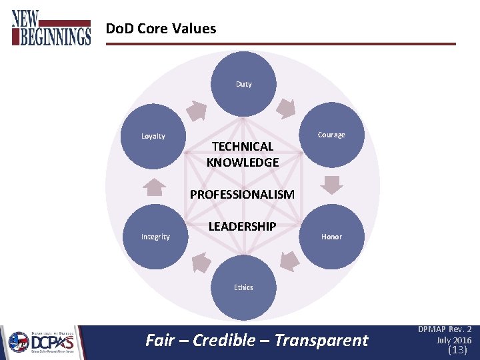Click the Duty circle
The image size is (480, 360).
tap(243, 84)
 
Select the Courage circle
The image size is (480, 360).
tap(332, 135)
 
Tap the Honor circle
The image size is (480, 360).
tap(332, 237)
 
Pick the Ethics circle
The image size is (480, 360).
tap(243, 287)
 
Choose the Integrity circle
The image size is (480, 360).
tap(155, 237)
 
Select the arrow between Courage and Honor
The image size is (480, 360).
tap(331, 185)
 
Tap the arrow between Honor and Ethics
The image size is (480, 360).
tap(287, 262)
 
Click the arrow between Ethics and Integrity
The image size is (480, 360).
tap(199, 263)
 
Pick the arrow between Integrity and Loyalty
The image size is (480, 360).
tap(155, 187)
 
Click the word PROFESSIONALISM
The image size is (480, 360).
tap(242, 195)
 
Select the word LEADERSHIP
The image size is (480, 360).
tap(242, 227)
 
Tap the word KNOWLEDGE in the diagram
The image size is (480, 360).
tap(243, 162)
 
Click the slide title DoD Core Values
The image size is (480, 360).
tap(161, 29)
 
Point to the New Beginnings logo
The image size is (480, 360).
tap(51, 28)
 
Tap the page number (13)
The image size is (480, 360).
tap(457, 349)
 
